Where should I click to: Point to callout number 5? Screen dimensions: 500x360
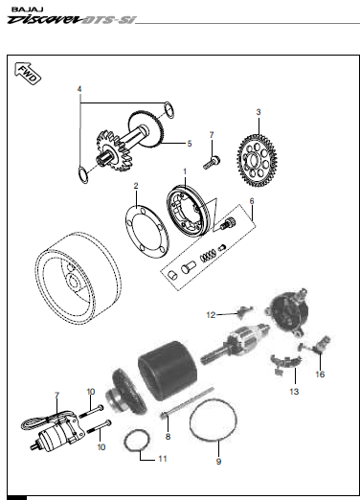(x=189, y=144)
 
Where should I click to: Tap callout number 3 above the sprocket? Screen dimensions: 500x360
(x=258, y=112)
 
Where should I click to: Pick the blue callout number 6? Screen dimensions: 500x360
(x=252, y=202)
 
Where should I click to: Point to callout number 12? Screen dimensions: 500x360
(x=211, y=314)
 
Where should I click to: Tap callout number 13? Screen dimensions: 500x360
(x=294, y=392)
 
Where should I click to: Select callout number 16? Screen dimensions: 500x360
(x=320, y=373)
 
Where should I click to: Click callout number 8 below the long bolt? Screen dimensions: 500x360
(x=168, y=437)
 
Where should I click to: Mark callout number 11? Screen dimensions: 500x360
(x=147, y=459)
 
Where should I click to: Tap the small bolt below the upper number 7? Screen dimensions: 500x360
(x=213, y=161)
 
